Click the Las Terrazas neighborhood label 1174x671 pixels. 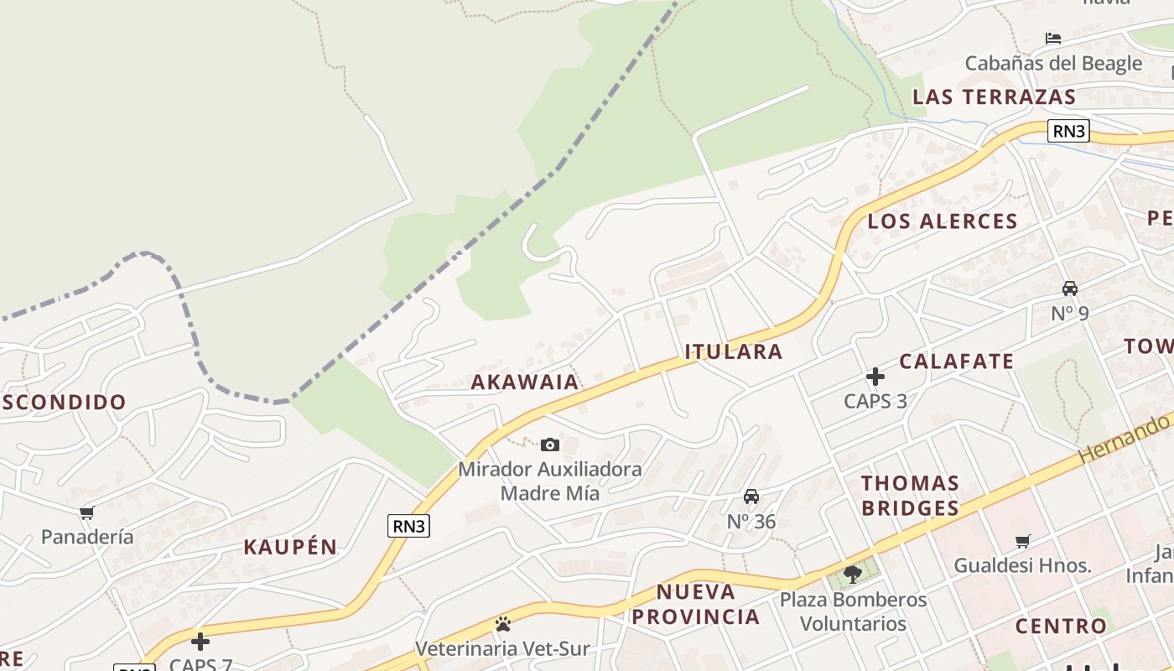point(994,96)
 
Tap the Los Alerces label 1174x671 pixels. point(943,221)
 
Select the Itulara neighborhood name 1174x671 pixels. point(734,351)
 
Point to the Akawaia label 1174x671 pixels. point(525,382)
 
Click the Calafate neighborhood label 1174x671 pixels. point(957,362)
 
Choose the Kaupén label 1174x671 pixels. point(290,547)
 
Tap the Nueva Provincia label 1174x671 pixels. point(696,604)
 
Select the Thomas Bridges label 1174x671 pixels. point(910,495)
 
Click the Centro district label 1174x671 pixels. point(1061,626)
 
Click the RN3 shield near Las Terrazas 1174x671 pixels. point(1068,131)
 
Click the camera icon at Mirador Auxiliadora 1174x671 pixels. point(550,445)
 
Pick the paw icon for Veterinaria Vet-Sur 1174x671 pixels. point(503,624)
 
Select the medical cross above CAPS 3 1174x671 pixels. point(875,377)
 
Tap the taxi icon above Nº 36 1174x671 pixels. point(751,497)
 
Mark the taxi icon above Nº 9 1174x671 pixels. point(1070,289)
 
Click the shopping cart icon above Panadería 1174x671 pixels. point(87,512)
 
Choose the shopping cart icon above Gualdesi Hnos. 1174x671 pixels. point(1022,541)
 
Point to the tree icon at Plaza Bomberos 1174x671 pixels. point(853,575)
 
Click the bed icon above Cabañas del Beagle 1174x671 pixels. point(1053,39)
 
